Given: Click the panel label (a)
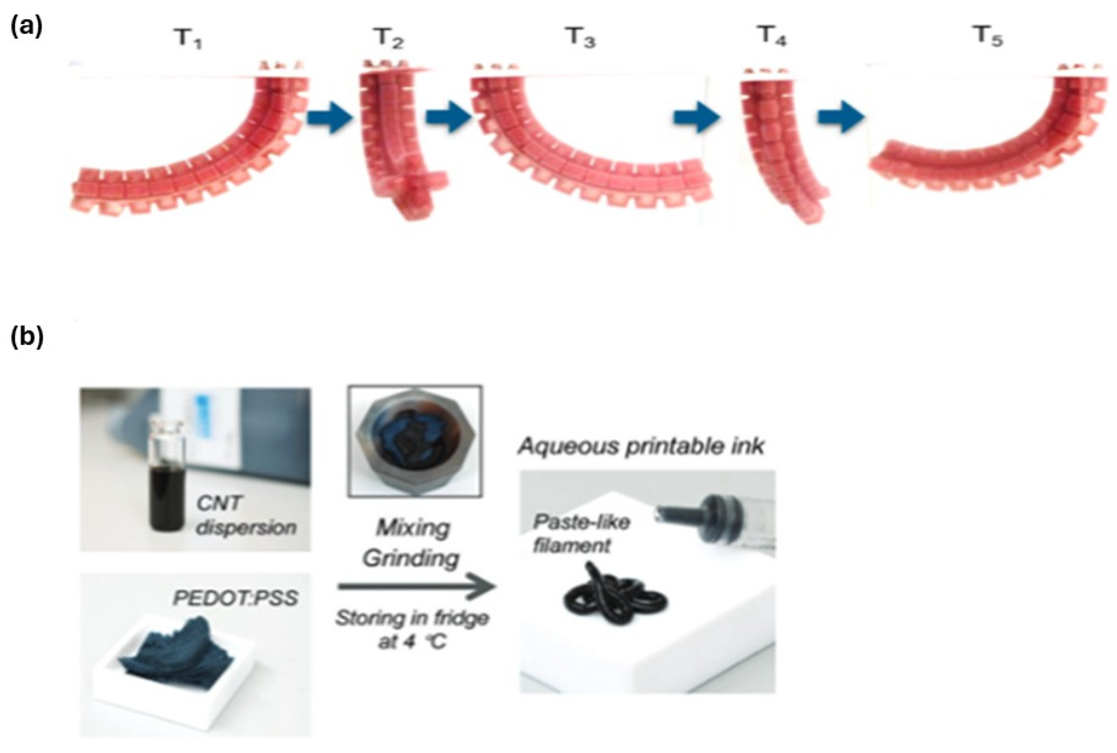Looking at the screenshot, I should [x=26, y=27].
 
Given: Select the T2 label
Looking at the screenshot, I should [x=388, y=38].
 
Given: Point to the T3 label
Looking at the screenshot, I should [x=580, y=38].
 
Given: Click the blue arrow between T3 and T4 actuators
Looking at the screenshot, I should [x=696, y=118].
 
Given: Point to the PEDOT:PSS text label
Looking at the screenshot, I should [x=235, y=598].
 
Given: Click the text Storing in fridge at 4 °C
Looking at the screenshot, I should [x=412, y=629].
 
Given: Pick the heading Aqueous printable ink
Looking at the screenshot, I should [x=641, y=447].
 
